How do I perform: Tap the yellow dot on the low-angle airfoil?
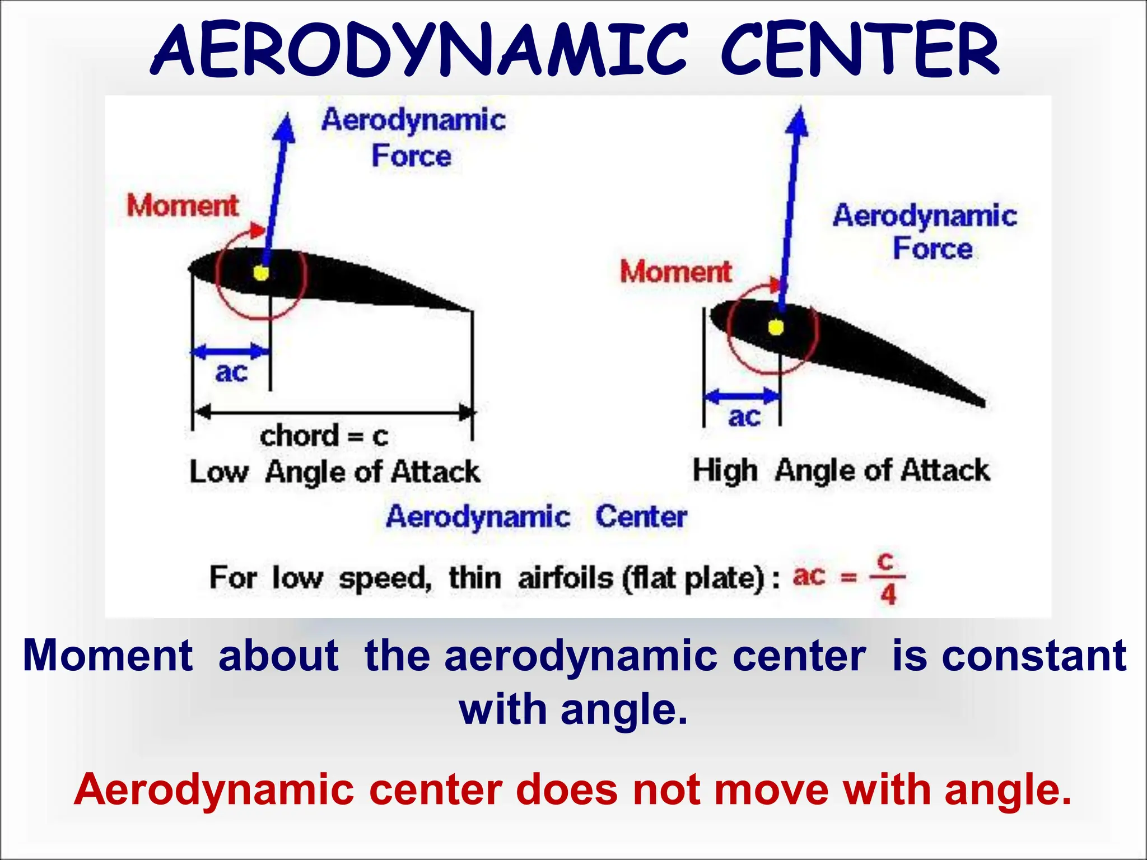click(261, 273)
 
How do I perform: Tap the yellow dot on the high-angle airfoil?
click(776, 328)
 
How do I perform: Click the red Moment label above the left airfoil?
click(183, 205)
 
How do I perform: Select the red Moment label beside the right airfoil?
click(675, 272)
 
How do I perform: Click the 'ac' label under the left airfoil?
click(231, 372)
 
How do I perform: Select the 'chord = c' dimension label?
click(324, 436)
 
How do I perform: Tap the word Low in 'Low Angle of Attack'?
click(218, 472)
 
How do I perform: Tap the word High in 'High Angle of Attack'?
click(725, 470)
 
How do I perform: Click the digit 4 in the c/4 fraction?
click(888, 595)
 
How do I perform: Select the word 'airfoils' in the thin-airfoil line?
click(566, 578)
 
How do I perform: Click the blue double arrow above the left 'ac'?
click(231, 352)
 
